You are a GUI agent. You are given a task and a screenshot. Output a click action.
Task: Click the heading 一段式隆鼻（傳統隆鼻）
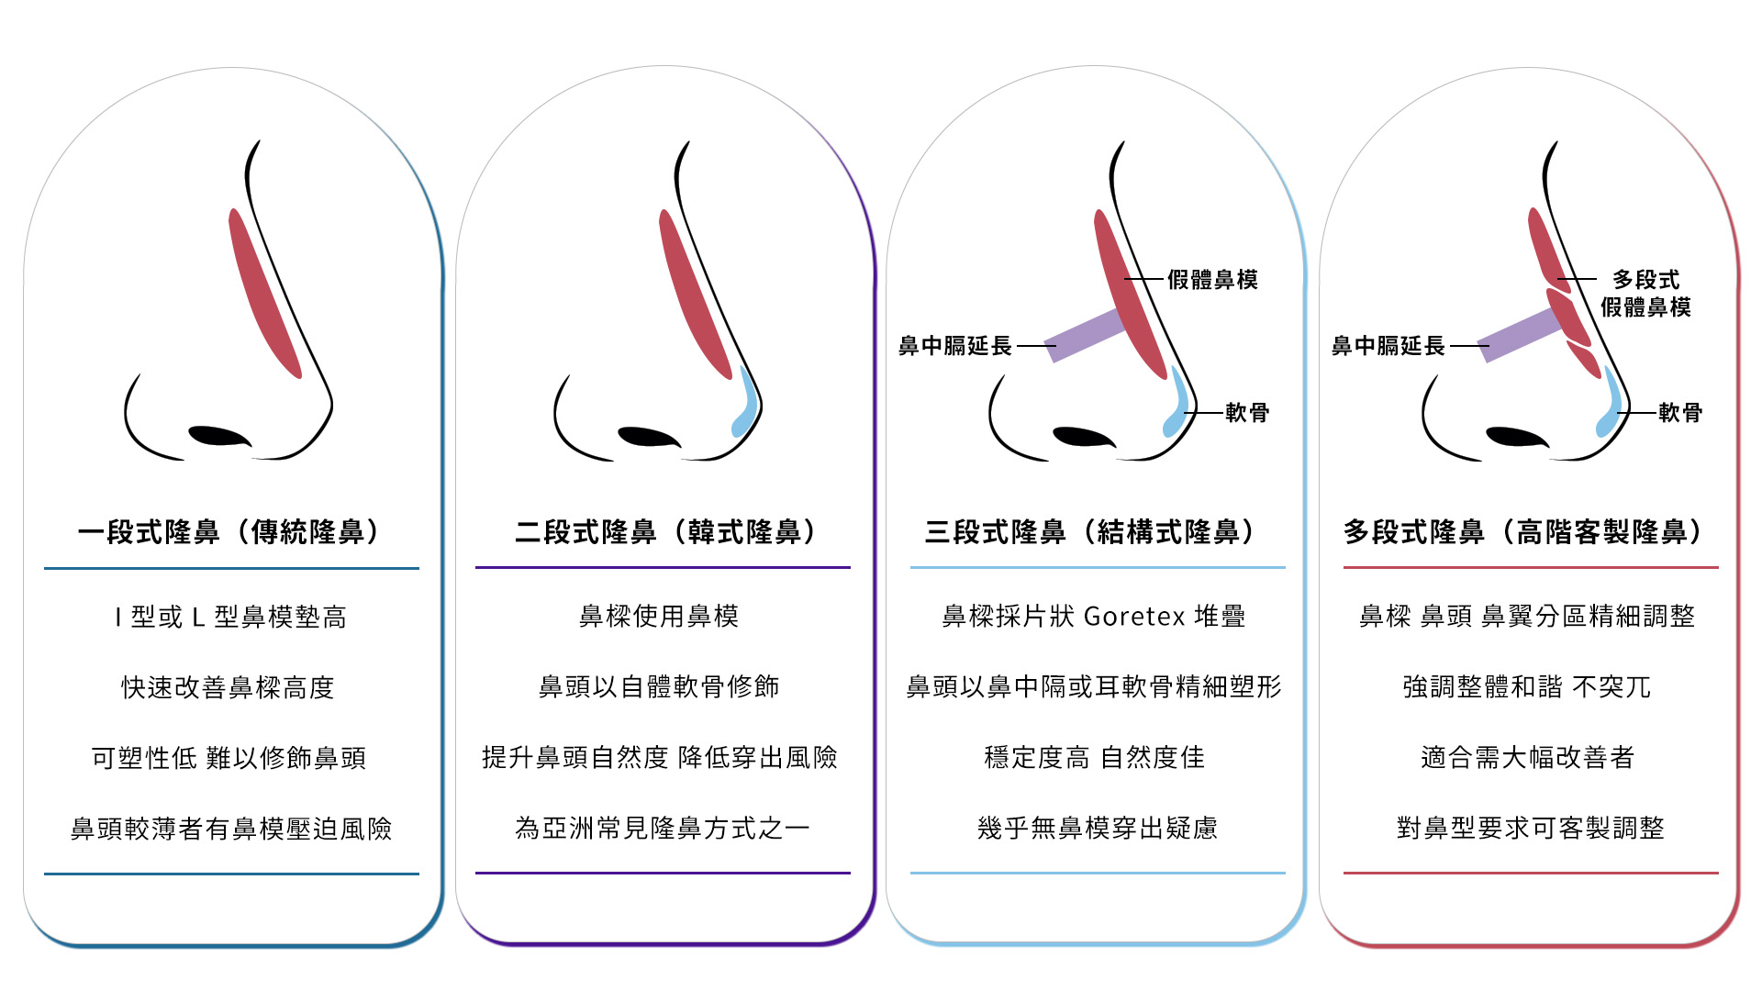(x=229, y=532)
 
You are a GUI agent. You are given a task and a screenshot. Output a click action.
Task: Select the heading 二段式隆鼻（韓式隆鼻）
(x=665, y=532)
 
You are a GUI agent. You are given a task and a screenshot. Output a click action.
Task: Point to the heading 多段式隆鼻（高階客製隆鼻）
(x=1523, y=532)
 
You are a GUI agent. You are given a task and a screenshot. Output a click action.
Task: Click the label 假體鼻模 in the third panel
(x=1212, y=280)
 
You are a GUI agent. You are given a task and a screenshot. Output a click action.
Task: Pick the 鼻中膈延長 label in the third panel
(x=954, y=346)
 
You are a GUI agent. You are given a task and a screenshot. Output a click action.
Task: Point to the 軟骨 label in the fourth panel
(x=1680, y=413)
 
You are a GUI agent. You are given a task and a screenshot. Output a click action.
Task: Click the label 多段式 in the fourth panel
(x=1645, y=280)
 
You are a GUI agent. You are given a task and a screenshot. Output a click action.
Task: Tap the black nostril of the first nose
(x=218, y=436)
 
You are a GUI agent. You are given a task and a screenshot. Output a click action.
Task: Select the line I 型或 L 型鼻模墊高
(x=230, y=618)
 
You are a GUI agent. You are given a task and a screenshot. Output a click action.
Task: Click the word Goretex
(x=1134, y=617)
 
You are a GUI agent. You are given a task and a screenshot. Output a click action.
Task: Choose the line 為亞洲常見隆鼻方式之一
(x=663, y=829)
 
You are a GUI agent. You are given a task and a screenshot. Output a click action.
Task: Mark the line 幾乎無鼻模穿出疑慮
(x=1098, y=829)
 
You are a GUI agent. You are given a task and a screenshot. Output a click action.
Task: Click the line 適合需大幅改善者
(x=1528, y=758)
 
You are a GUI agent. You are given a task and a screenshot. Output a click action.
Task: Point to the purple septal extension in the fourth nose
(x=1520, y=334)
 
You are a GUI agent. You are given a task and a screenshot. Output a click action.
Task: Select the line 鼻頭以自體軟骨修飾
(x=659, y=687)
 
